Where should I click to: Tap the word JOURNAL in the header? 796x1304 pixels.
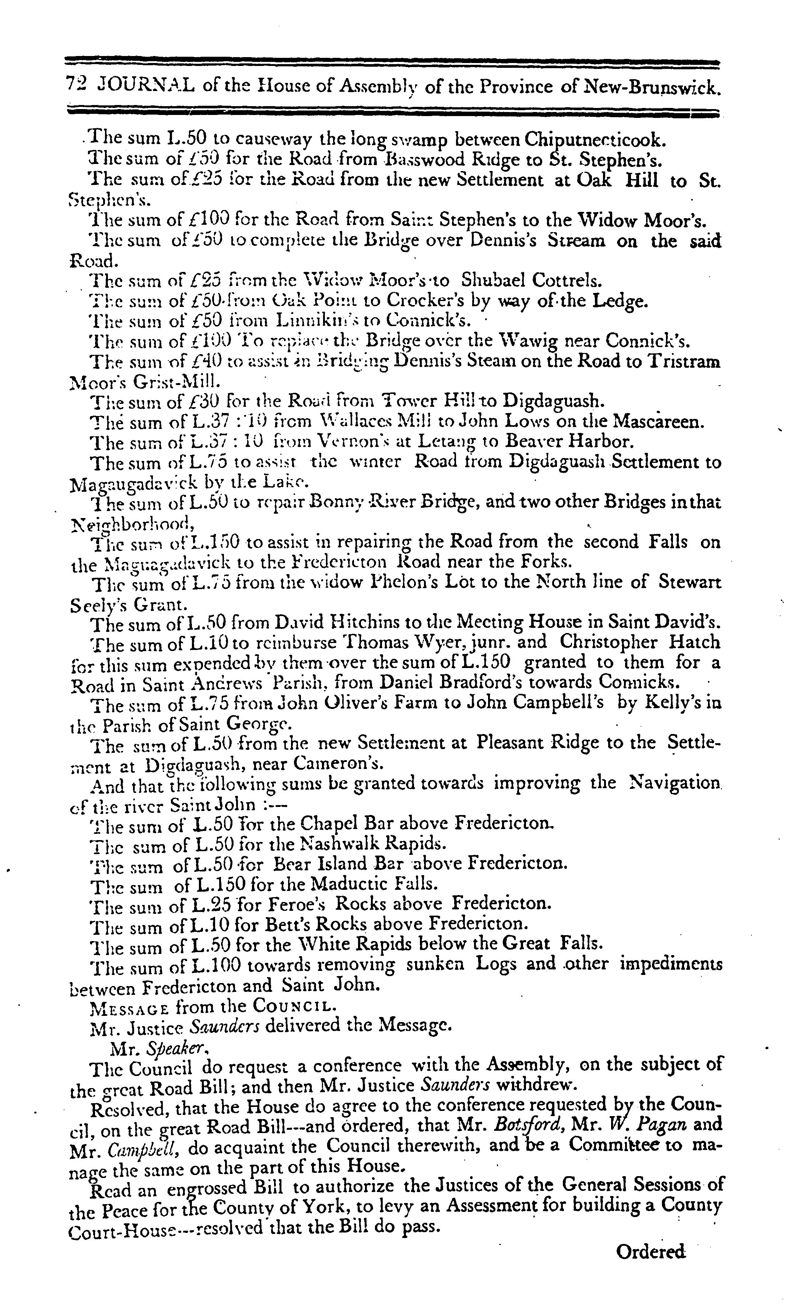146,85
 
